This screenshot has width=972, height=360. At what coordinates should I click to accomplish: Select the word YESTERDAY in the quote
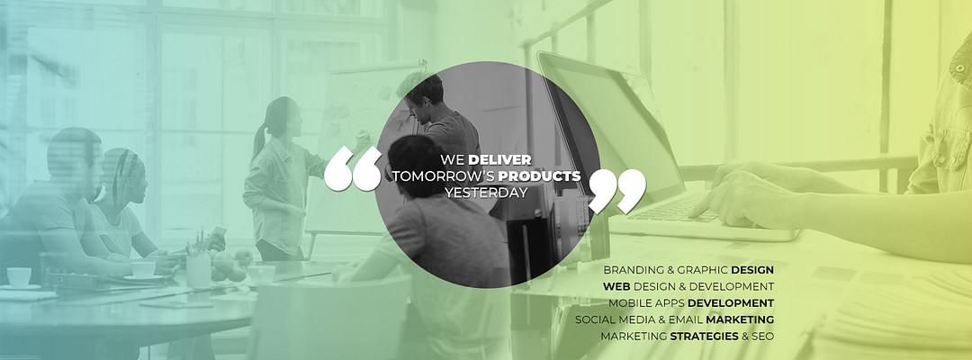point(486,193)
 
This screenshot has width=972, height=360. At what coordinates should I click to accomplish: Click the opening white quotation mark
point(353,168)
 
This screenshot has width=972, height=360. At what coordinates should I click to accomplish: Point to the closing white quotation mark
point(616,192)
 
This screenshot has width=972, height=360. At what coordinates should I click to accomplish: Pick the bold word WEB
point(616,287)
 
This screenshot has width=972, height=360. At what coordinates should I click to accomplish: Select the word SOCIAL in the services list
point(594,320)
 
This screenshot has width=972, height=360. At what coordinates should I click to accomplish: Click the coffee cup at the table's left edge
point(19,277)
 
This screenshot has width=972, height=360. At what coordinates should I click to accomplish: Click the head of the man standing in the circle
point(425,93)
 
